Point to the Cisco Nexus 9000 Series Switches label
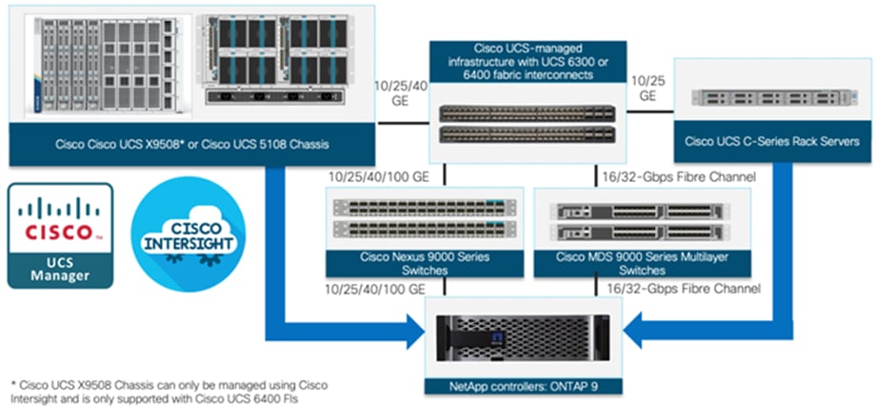(425, 264)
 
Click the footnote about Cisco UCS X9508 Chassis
(167, 391)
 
